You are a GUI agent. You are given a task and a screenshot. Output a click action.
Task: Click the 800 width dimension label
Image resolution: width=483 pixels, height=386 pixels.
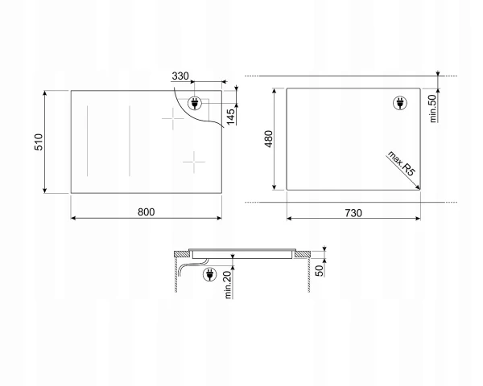tap(146, 212)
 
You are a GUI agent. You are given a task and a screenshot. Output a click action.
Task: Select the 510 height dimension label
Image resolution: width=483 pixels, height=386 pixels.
tap(39, 142)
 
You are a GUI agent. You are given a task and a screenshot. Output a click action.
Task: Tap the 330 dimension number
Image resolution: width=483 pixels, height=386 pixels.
tap(180, 76)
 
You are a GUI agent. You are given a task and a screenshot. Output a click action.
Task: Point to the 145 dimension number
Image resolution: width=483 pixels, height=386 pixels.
tap(230, 117)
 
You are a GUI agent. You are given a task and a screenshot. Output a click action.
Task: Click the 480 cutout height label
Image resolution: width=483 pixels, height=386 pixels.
tap(268, 139)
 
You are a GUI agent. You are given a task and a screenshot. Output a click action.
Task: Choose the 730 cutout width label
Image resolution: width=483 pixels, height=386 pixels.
tap(353, 213)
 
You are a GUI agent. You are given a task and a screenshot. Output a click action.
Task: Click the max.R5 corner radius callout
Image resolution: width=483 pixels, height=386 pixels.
tap(401, 163)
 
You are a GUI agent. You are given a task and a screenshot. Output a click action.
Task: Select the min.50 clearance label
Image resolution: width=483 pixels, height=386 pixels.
tap(433, 109)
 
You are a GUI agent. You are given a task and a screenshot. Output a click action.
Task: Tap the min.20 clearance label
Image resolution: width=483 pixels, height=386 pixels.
tap(228, 285)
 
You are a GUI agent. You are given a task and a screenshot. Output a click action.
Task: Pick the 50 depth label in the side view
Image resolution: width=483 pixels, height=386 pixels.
tap(320, 270)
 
